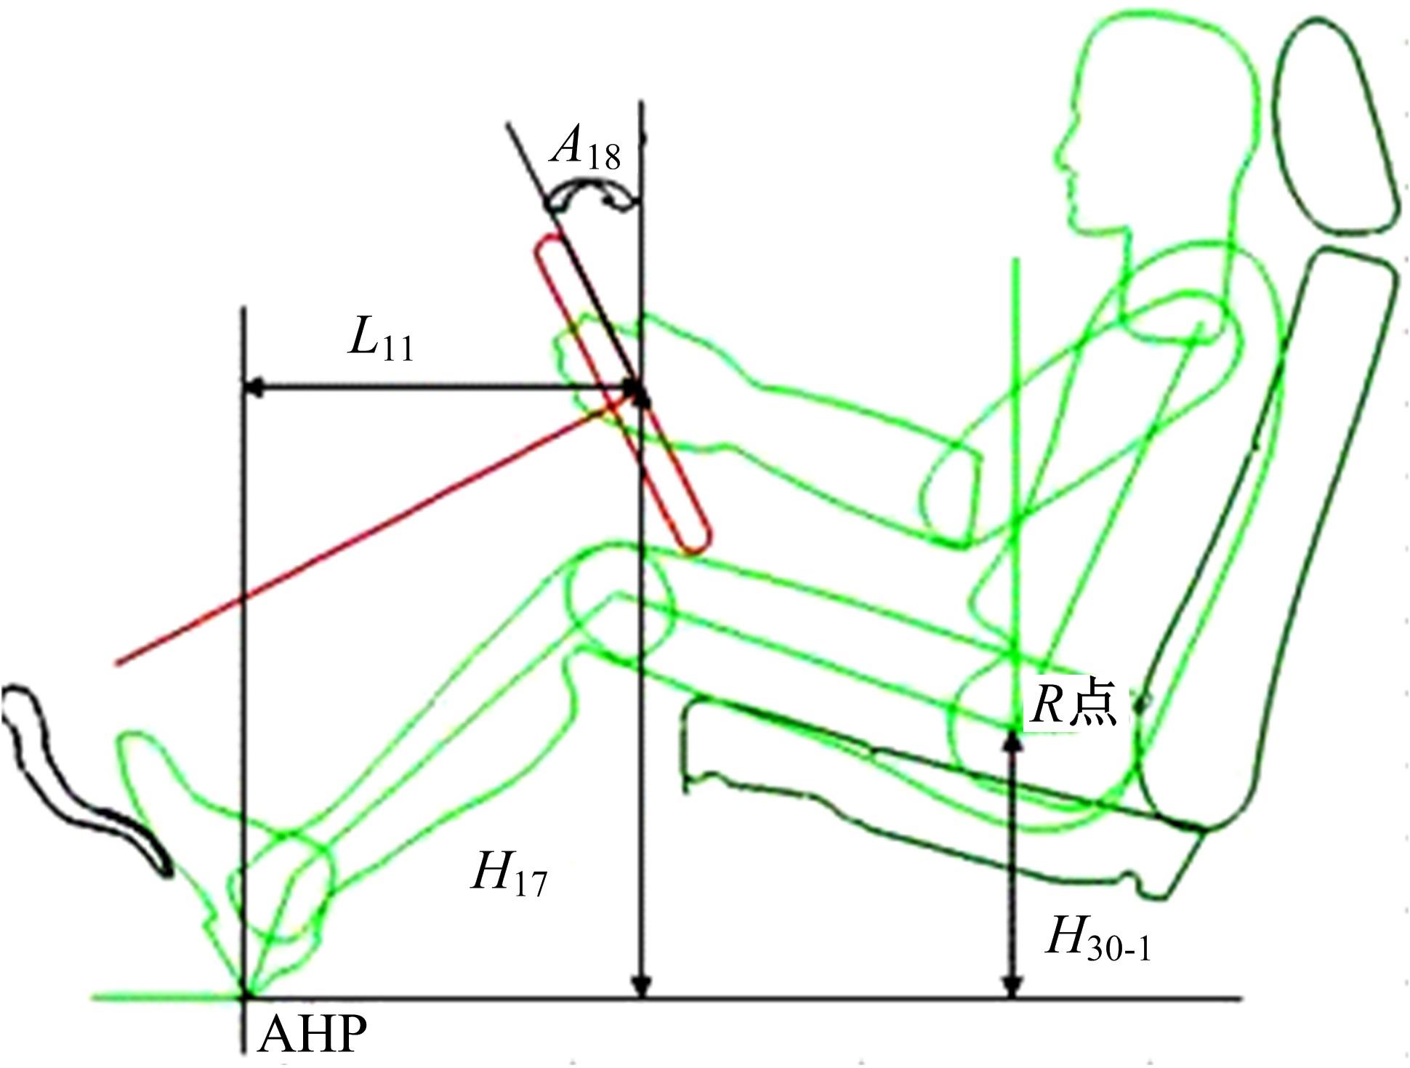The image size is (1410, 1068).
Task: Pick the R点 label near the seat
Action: click(1074, 704)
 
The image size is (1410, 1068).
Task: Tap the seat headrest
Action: click(1337, 127)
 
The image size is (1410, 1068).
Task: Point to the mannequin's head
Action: click(1156, 124)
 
